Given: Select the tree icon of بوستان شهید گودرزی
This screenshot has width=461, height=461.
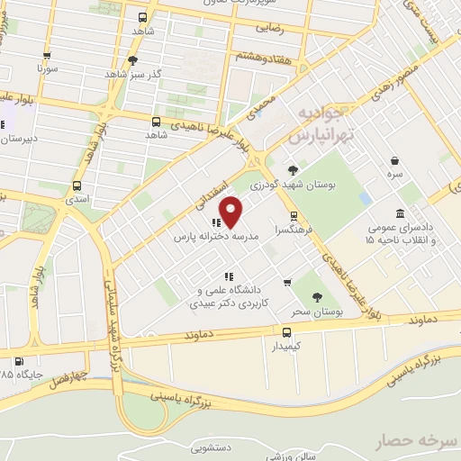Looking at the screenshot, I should tap(293, 169).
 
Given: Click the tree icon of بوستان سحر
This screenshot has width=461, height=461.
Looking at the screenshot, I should tap(317, 296).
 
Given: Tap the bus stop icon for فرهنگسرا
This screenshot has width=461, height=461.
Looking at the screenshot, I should tap(294, 216).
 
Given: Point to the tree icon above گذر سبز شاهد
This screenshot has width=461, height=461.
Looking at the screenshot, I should tap(133, 60).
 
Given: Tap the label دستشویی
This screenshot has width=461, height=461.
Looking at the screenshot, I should tap(213, 446).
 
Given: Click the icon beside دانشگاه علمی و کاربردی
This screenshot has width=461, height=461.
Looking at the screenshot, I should tap(229, 276).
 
